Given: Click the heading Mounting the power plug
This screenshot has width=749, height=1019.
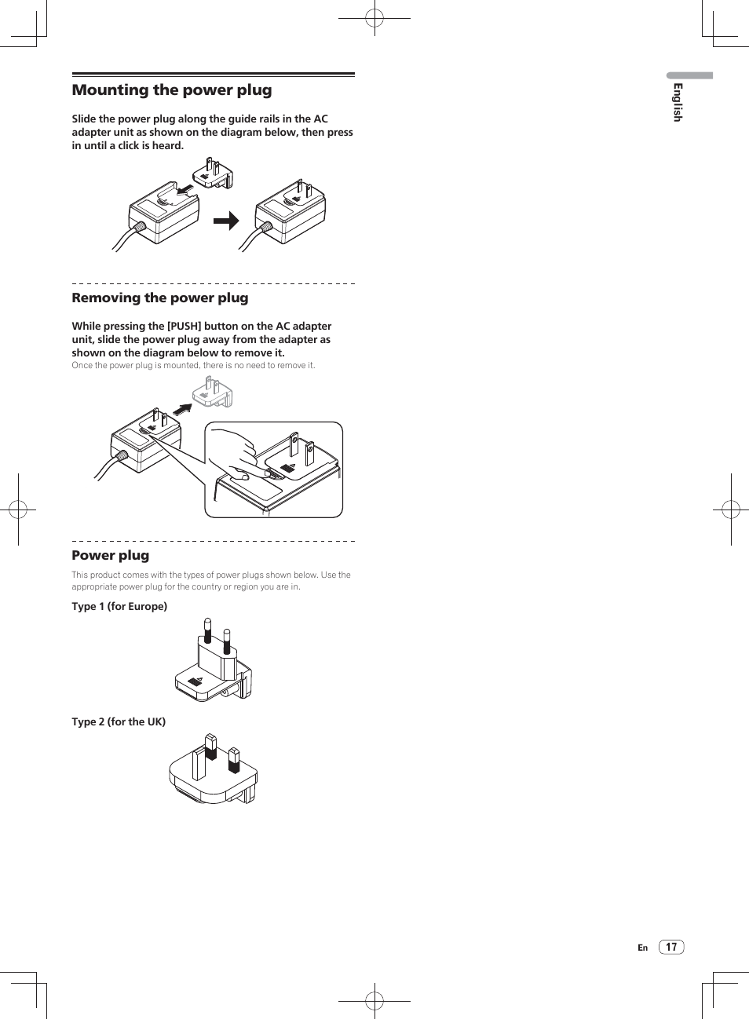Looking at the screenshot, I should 172,90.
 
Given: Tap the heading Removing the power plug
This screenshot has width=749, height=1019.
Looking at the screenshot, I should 160,298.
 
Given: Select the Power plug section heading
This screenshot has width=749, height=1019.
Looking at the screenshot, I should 111,556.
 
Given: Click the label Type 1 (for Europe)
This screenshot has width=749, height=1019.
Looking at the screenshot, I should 119,607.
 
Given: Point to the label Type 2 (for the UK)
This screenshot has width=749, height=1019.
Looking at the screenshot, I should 119,722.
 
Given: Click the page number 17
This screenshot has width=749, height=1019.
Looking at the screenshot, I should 671,947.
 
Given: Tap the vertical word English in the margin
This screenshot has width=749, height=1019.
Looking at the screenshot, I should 678,102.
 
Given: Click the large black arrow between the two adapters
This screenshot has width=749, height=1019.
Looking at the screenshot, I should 226,221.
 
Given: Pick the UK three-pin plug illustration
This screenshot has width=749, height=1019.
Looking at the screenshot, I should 214,769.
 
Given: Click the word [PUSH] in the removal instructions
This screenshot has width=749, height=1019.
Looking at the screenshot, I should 185,327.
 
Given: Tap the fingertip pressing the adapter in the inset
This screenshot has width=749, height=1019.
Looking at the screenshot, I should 240,474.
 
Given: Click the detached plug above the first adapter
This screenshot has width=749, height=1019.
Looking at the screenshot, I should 213,173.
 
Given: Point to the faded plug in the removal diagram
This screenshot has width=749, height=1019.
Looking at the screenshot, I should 213,392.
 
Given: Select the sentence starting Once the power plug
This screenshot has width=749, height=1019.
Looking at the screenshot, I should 193,366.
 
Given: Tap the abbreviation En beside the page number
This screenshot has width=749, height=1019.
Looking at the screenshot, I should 642,948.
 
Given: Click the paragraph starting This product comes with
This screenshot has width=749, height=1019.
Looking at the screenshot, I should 210,581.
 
